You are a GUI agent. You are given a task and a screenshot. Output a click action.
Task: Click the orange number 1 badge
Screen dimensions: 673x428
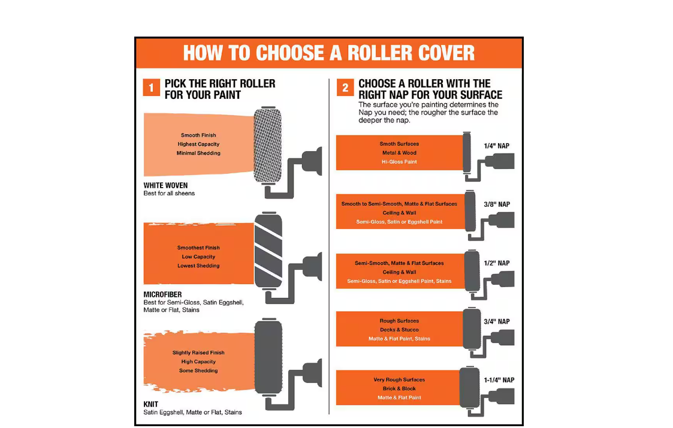coord(151,88)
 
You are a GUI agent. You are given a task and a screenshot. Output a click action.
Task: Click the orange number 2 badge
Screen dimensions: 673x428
coord(345,88)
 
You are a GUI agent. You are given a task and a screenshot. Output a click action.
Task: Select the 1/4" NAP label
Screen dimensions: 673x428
coord(497,146)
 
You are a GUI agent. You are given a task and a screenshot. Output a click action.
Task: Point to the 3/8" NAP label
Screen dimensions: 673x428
coord(497,204)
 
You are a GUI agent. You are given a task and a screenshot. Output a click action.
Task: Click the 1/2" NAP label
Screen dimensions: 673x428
coord(497,263)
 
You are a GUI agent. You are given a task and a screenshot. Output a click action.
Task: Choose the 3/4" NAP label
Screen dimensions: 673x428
coord(497,321)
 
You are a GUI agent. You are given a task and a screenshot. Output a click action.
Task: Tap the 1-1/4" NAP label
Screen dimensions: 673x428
coord(499,380)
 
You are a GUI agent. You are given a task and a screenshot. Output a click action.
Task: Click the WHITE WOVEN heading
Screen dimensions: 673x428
coord(165,185)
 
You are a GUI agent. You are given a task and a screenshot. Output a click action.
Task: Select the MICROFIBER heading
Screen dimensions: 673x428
coord(162,294)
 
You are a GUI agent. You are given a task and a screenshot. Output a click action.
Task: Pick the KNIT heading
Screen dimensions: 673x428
coord(150,405)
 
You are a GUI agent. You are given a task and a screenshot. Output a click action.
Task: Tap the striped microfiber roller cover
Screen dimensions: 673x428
coord(268,251)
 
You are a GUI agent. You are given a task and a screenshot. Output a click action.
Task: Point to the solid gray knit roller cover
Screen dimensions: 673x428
coord(268,357)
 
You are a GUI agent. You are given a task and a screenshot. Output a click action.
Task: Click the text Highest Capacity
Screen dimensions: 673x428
coord(198,144)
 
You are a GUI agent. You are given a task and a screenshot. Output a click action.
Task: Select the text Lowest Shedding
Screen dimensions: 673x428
coord(198,266)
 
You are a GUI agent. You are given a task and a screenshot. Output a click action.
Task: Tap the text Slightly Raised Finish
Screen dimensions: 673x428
coord(198,352)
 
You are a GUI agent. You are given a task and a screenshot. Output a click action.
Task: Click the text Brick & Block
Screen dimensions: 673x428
coord(399,388)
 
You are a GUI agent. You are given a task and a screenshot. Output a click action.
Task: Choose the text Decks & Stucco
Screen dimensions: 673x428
coord(399,330)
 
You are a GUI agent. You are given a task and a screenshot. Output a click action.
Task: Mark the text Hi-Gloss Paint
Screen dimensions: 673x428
coord(399,162)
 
